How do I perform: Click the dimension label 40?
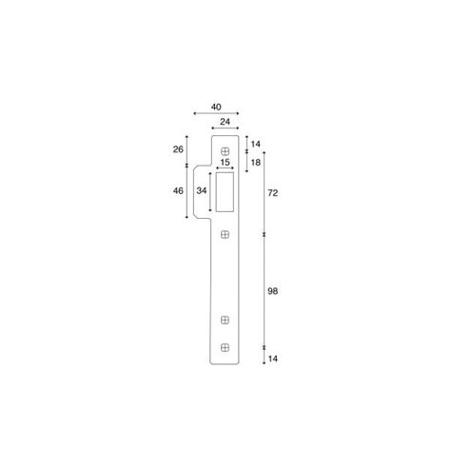[x=216, y=108]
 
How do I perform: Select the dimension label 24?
[x=225, y=122]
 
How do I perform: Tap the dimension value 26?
[x=178, y=149]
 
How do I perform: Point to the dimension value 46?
[x=178, y=190]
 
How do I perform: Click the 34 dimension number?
[x=202, y=190]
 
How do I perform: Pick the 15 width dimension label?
[x=225, y=163]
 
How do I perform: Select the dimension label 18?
[x=256, y=163]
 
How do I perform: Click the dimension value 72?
[x=273, y=193]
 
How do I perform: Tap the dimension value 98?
[x=273, y=291]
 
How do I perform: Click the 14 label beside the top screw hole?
[x=256, y=144]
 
